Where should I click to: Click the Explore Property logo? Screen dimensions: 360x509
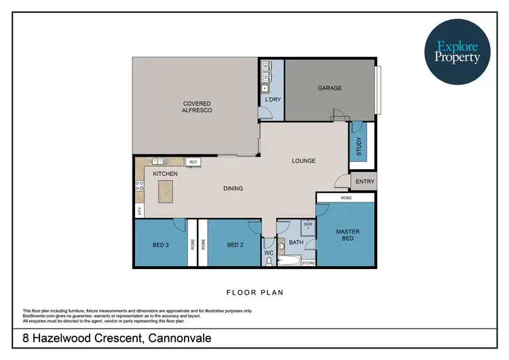pyautogui.click(x=457, y=53)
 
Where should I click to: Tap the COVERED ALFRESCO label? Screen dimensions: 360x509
pyautogui.click(x=197, y=107)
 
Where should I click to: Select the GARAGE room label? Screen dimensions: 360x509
pyautogui.click(x=330, y=88)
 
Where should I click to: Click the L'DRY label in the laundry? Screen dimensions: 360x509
pyautogui.click(x=272, y=100)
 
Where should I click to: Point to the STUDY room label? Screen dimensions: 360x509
pyautogui.click(x=359, y=145)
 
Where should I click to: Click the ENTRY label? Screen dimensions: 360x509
pyautogui.click(x=364, y=181)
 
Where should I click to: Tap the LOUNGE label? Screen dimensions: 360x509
pyautogui.click(x=303, y=161)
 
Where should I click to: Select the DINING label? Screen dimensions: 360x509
pyautogui.click(x=233, y=188)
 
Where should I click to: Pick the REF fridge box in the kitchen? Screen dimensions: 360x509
pyautogui.click(x=193, y=162)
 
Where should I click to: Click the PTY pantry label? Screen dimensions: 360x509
pyautogui.click(x=140, y=211)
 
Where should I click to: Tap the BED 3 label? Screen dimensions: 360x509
pyautogui.click(x=160, y=245)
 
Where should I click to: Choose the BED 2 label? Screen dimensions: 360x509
pyautogui.click(x=235, y=245)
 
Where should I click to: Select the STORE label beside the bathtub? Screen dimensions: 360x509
pyautogui.click(x=308, y=262)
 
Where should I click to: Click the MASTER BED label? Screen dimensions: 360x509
pyautogui.click(x=347, y=235)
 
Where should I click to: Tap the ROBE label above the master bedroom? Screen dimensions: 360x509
pyautogui.click(x=346, y=198)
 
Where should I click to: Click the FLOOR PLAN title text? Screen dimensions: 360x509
pyautogui.click(x=254, y=293)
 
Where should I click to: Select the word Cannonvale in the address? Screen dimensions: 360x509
pyautogui.click(x=187, y=338)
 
